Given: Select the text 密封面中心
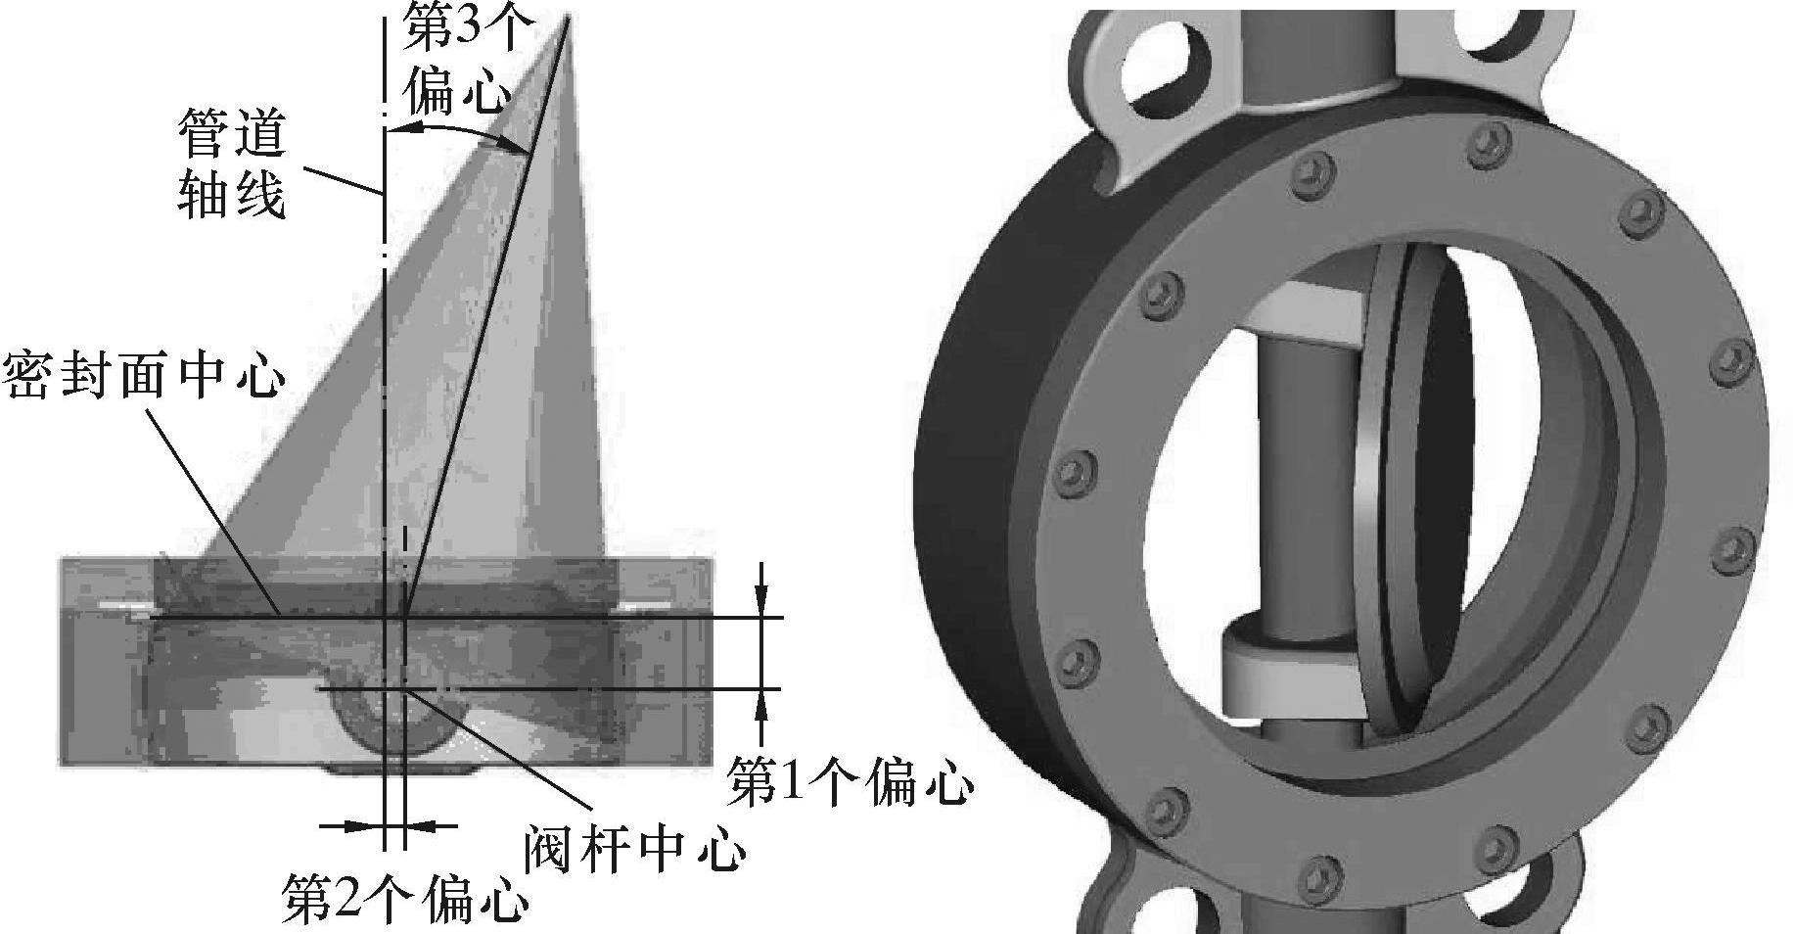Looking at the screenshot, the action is pyautogui.click(x=144, y=375).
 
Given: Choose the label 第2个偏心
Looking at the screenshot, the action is pyautogui.click(x=405, y=899).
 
